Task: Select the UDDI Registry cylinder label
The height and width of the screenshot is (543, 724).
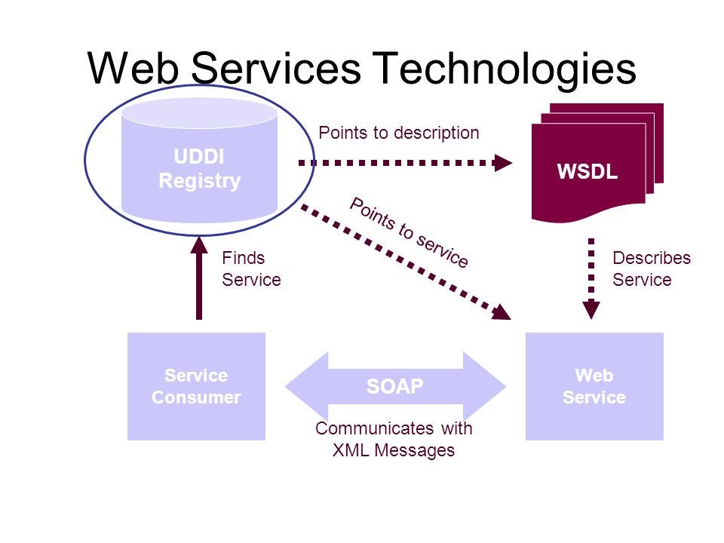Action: (x=199, y=169)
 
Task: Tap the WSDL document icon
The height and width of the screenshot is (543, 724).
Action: (x=588, y=170)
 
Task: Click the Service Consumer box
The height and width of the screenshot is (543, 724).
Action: (x=196, y=386)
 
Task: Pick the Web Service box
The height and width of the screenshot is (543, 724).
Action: (x=594, y=386)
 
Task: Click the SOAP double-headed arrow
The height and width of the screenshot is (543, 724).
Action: (x=395, y=387)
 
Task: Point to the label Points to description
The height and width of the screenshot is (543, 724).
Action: (x=398, y=133)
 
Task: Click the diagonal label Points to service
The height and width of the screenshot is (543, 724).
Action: (x=409, y=232)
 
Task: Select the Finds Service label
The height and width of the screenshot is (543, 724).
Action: (x=250, y=269)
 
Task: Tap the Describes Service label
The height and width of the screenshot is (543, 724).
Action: (x=651, y=269)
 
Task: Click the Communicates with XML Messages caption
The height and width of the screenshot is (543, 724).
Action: (x=394, y=440)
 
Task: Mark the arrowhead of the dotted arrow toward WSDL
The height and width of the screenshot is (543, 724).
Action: (x=503, y=161)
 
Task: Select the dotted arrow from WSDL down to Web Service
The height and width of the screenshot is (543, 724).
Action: (x=592, y=275)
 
